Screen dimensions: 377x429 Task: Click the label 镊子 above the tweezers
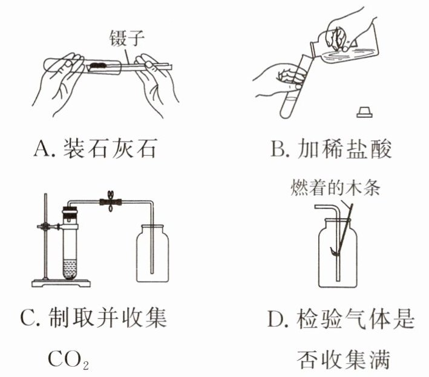click(126, 37)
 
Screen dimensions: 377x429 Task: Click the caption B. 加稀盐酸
click(330, 147)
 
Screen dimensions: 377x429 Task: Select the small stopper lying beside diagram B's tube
click(365, 112)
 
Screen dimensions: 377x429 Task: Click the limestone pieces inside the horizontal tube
click(98, 62)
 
